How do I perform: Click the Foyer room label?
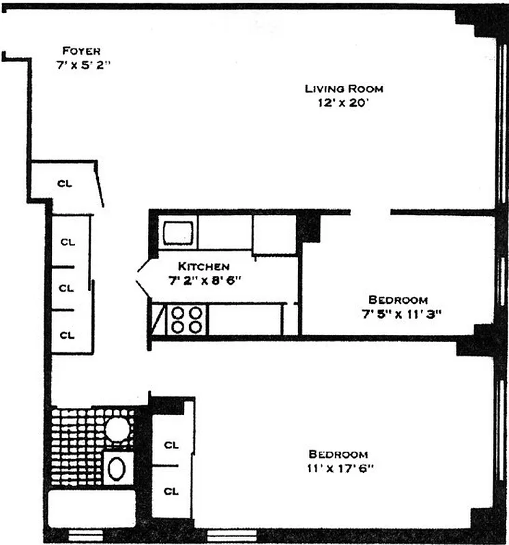pos(81,50)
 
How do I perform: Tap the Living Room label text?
pos(344,89)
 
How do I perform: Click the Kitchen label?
pos(204,266)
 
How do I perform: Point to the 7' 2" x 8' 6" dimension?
pos(206,280)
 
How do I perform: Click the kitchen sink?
pos(179,232)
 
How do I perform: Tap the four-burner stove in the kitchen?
pos(188,319)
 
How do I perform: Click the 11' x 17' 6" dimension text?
pos(338,469)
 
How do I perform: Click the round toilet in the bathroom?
pos(117,429)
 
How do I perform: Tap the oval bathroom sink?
pos(118,468)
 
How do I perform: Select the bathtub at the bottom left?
pos(91,508)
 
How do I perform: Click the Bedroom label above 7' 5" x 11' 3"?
pos(398,300)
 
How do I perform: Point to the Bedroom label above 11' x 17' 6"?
pos(338,454)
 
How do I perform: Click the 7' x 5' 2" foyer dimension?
pos(83,65)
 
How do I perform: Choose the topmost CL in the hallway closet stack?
pos(67,241)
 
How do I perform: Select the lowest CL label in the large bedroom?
pos(171,490)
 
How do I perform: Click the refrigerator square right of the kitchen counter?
pos(274,234)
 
